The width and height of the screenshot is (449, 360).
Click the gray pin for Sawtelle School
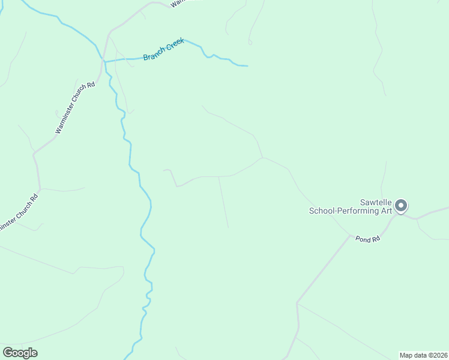pyautogui.click(x=401, y=206)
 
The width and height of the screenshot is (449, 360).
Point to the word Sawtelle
pyautogui.click(x=376, y=202)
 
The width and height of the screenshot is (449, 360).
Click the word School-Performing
pyautogui.click(x=344, y=211)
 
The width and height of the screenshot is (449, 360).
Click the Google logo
pyautogui.click(x=20, y=353)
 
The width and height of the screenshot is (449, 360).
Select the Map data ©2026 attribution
pyautogui.click(x=423, y=355)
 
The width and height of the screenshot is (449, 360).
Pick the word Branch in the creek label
pyautogui.click(x=154, y=55)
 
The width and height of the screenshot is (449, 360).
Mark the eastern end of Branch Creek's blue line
pyautogui.click(x=247, y=65)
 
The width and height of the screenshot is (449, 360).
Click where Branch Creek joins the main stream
pyautogui.click(x=105, y=61)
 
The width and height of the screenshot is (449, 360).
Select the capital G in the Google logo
pyautogui.click(x=8, y=353)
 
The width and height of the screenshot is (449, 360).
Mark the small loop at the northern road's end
pyautogui.click(x=250, y=42)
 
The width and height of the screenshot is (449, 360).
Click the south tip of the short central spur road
pyautogui.click(x=228, y=227)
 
